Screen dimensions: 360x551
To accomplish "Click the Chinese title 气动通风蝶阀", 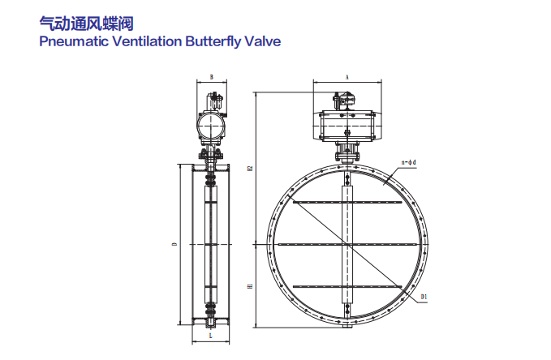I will pos(75,23).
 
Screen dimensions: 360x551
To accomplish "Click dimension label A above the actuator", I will pos(347,76).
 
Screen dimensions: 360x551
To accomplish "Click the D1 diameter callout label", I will pos(424,298).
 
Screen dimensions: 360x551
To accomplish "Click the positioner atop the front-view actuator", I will pos(342,101).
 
